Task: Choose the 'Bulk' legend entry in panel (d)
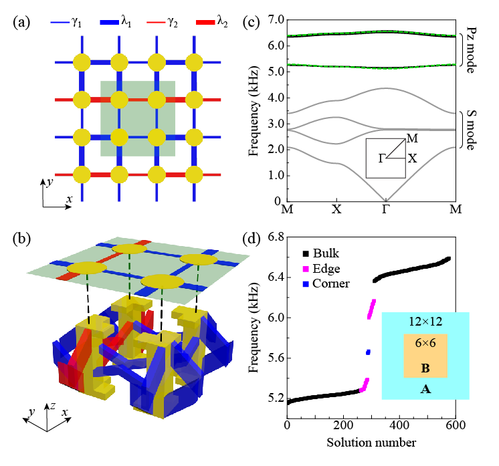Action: click(325, 254)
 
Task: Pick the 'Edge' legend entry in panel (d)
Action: click(326, 270)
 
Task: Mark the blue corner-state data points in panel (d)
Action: click(368, 352)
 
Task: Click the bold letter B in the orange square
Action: click(425, 368)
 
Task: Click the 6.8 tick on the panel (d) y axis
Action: click(273, 237)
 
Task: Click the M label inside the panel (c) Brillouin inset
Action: click(413, 137)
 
